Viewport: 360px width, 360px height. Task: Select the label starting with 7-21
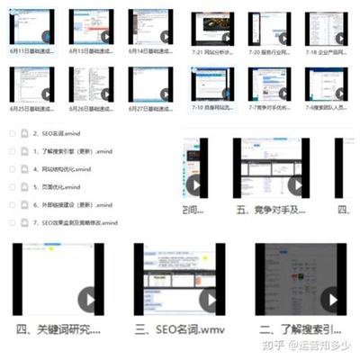pyautogui.click(x=215, y=51)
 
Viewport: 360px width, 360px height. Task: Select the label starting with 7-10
pyautogui.click(x=215, y=108)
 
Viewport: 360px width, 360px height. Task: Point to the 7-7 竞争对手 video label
pyautogui.click(x=272, y=108)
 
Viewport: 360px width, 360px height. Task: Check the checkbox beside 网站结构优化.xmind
pyautogui.click(x=12, y=169)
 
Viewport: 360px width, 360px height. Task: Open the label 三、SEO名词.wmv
pyautogui.click(x=177, y=330)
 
